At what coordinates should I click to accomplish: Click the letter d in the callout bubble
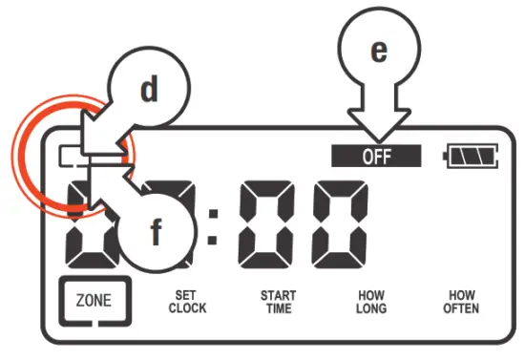[x=148, y=89]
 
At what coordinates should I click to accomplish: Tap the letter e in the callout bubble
[x=378, y=52]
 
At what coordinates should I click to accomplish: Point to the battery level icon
[x=472, y=157]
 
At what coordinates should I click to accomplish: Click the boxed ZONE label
[x=93, y=300]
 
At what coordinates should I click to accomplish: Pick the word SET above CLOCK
[x=187, y=295]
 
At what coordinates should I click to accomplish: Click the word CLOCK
[x=187, y=308]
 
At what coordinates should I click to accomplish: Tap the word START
[x=278, y=295]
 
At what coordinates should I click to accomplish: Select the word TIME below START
[x=278, y=308]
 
